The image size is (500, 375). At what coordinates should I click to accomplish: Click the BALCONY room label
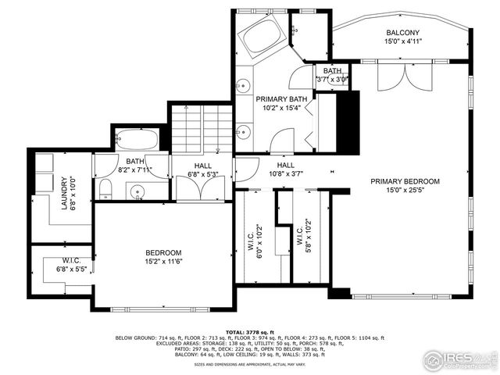(402, 33)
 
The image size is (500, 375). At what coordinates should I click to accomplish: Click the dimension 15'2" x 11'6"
(163, 262)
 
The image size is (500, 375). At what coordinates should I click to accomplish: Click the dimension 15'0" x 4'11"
(402, 42)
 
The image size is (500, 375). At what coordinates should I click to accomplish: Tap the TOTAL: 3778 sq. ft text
(250, 331)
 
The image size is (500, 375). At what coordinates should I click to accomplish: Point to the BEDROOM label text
(163, 253)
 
